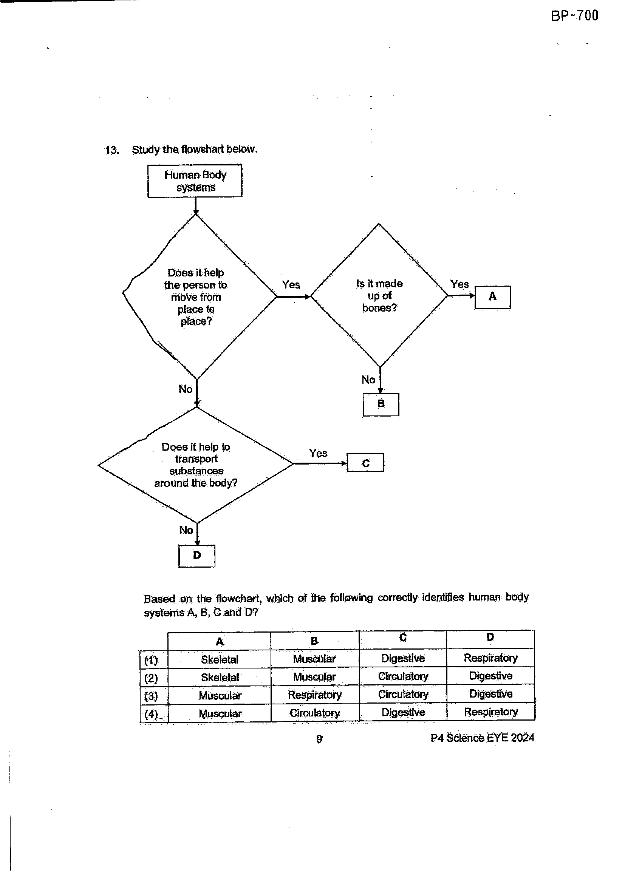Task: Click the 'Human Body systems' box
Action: click(195, 181)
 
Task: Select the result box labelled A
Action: click(493, 297)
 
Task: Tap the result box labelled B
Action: click(381, 404)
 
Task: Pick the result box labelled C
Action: click(365, 463)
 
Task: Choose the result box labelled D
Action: click(196, 556)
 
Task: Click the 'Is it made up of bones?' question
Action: click(379, 295)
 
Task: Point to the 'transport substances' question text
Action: click(196, 465)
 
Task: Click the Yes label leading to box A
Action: click(459, 284)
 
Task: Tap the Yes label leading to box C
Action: click(318, 453)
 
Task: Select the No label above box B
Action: click(368, 380)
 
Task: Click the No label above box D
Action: click(186, 530)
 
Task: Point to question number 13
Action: click(111, 150)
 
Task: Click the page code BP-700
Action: click(575, 16)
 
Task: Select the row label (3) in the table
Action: click(151, 696)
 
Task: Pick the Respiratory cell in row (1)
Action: click(490, 658)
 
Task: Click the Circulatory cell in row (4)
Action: click(315, 713)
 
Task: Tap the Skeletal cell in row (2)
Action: click(220, 678)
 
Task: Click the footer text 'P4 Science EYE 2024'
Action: click(483, 738)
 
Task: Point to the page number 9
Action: click(319, 738)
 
